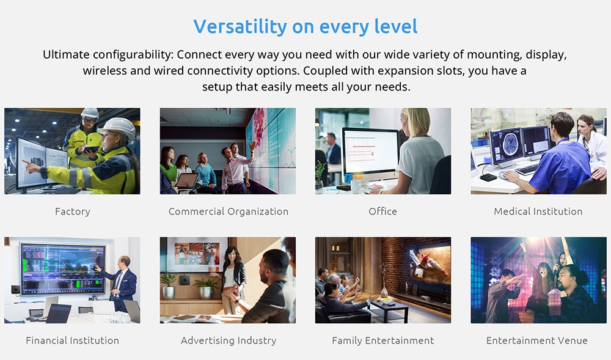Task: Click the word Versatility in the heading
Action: [240, 26]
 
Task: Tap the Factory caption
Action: [73, 211]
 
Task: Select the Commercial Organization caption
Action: [229, 211]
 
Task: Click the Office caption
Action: [382, 211]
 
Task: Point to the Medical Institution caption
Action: [538, 211]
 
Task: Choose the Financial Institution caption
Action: [73, 340]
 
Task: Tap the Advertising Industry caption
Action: [229, 340]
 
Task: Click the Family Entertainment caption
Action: [382, 340]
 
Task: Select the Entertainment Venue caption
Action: [537, 340]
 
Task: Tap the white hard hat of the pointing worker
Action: [119, 127]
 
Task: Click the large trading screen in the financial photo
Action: [63, 268]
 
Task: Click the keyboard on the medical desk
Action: [527, 170]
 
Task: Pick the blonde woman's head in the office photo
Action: [416, 122]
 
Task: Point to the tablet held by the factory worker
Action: [91, 149]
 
